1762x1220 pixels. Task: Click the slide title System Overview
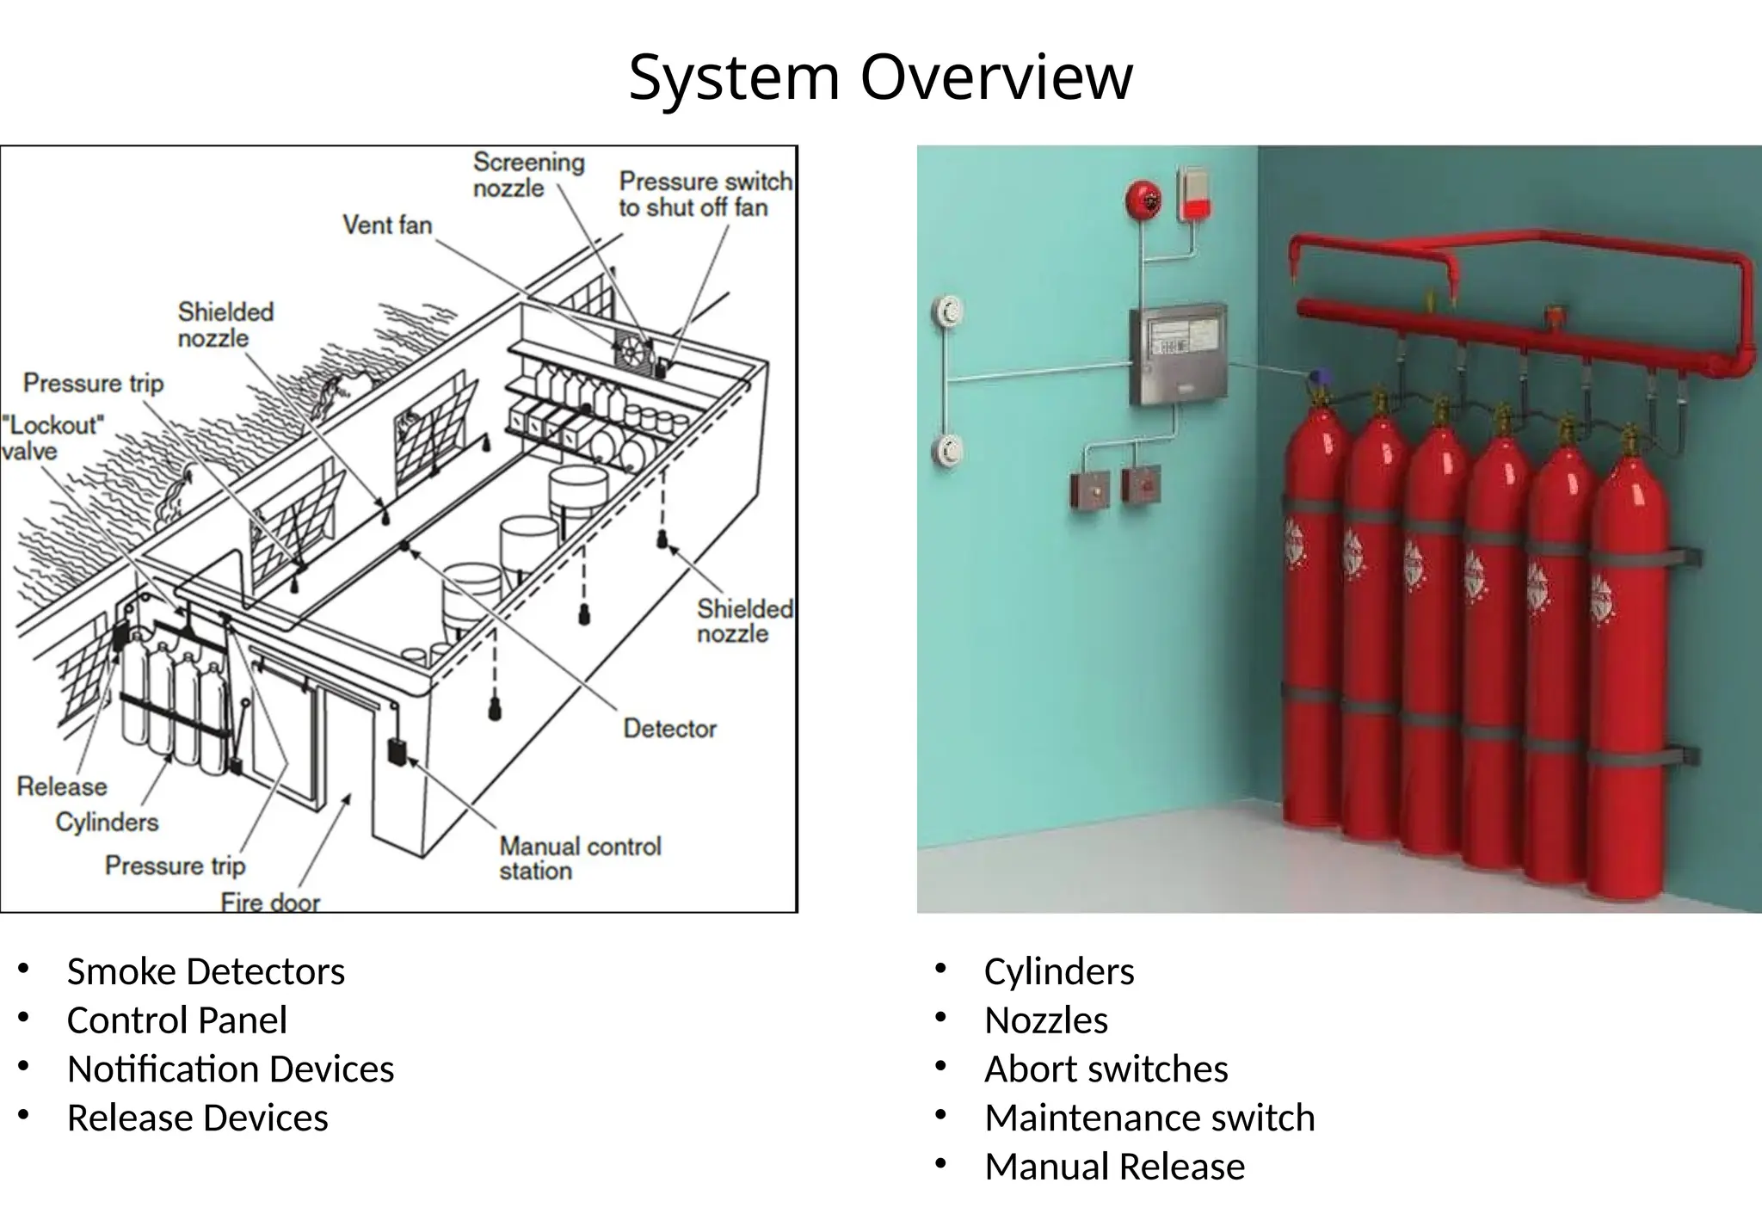point(880,77)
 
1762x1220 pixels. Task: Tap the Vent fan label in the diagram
point(387,225)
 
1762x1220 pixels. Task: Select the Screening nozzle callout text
point(528,175)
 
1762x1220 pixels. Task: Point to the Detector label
point(669,729)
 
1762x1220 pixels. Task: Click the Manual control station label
point(580,858)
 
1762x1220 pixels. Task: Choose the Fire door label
point(270,902)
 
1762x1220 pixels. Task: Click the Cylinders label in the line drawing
point(107,823)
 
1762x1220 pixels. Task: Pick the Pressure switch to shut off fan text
point(705,194)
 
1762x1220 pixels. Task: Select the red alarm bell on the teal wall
point(1143,200)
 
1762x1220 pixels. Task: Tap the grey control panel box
point(1177,354)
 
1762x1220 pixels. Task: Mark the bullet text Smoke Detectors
point(206,971)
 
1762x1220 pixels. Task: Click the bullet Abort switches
point(1106,1069)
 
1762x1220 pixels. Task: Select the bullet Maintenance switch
point(1149,1118)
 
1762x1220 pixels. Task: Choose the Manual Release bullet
point(1114,1167)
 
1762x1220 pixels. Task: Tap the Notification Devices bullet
point(231,1069)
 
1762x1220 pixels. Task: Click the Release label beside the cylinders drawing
point(62,786)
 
